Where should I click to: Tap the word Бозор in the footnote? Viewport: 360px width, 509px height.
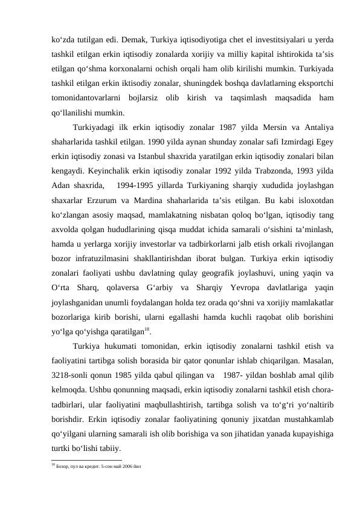(63, 467)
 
